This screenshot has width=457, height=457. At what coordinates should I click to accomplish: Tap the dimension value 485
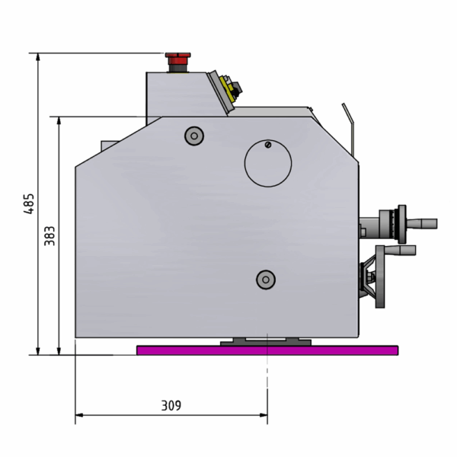29,203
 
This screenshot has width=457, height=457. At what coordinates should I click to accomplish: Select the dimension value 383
50,236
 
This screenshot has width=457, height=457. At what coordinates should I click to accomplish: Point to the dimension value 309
171,405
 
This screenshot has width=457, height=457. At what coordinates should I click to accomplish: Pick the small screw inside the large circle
268,145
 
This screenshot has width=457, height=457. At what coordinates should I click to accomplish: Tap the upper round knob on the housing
194,136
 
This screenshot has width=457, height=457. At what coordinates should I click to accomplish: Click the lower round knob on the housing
266,280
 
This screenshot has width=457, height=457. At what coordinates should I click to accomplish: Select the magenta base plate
267,350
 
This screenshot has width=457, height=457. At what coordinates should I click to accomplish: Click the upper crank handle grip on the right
422,223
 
